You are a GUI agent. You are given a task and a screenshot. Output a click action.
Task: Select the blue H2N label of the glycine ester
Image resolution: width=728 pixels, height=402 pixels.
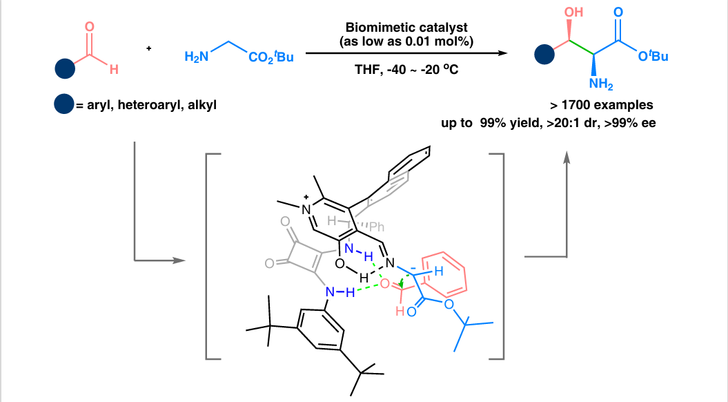point(196,57)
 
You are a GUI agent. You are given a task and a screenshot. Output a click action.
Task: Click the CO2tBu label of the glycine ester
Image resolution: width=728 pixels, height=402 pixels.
point(270,57)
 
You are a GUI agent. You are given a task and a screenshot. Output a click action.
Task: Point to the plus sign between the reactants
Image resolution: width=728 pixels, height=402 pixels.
point(148,48)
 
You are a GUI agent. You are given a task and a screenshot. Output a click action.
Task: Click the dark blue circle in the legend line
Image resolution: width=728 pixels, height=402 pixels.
point(64,106)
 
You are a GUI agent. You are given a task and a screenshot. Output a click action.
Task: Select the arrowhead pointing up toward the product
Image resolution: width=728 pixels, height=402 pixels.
point(567,160)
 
